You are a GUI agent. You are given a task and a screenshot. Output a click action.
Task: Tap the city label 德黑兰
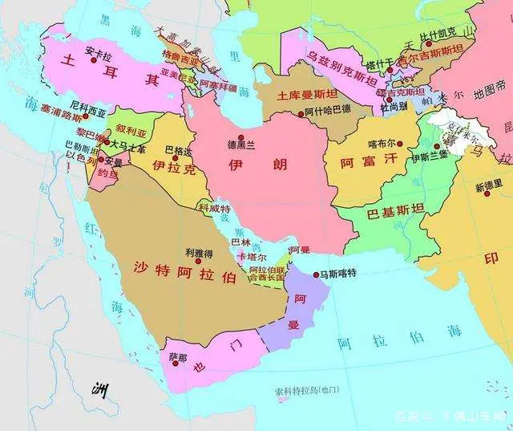(x=240, y=145)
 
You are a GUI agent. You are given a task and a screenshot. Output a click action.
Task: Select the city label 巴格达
(x=178, y=150)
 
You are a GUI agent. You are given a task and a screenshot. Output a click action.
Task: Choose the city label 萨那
(x=177, y=356)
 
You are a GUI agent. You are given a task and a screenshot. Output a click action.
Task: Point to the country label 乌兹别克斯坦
(x=344, y=57)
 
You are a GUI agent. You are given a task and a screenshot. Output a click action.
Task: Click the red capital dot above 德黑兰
(x=240, y=135)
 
